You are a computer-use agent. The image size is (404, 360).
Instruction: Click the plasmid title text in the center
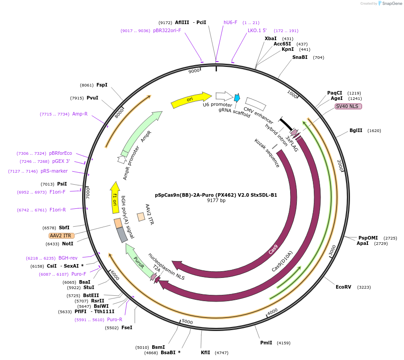coord(216,195)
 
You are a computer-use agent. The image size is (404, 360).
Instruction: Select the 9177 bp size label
coord(216,201)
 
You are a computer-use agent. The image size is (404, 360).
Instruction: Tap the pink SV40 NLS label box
coord(348,106)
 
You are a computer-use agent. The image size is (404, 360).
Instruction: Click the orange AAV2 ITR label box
coord(62,236)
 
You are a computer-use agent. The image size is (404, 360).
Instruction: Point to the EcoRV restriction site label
coord(344,287)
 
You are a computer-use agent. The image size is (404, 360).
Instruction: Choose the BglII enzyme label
coord(356,131)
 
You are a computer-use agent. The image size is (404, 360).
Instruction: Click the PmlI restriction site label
coord(266,343)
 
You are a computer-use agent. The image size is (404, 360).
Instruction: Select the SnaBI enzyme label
coord(300,57)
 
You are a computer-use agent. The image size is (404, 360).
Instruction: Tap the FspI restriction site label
coord(102,85)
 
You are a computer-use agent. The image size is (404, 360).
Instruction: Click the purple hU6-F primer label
coord(230,22)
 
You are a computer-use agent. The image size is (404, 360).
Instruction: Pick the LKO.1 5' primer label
coord(257,31)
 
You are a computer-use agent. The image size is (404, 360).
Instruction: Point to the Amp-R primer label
coord(80,114)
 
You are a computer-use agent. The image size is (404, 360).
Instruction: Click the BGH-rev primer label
coord(68,258)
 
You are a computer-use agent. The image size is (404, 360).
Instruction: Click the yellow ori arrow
coord(191,99)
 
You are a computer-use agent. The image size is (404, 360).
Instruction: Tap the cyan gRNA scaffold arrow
coord(237,98)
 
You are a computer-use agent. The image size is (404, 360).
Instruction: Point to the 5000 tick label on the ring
coord(187,322)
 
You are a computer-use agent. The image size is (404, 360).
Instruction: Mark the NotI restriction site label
coord(67,244)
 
